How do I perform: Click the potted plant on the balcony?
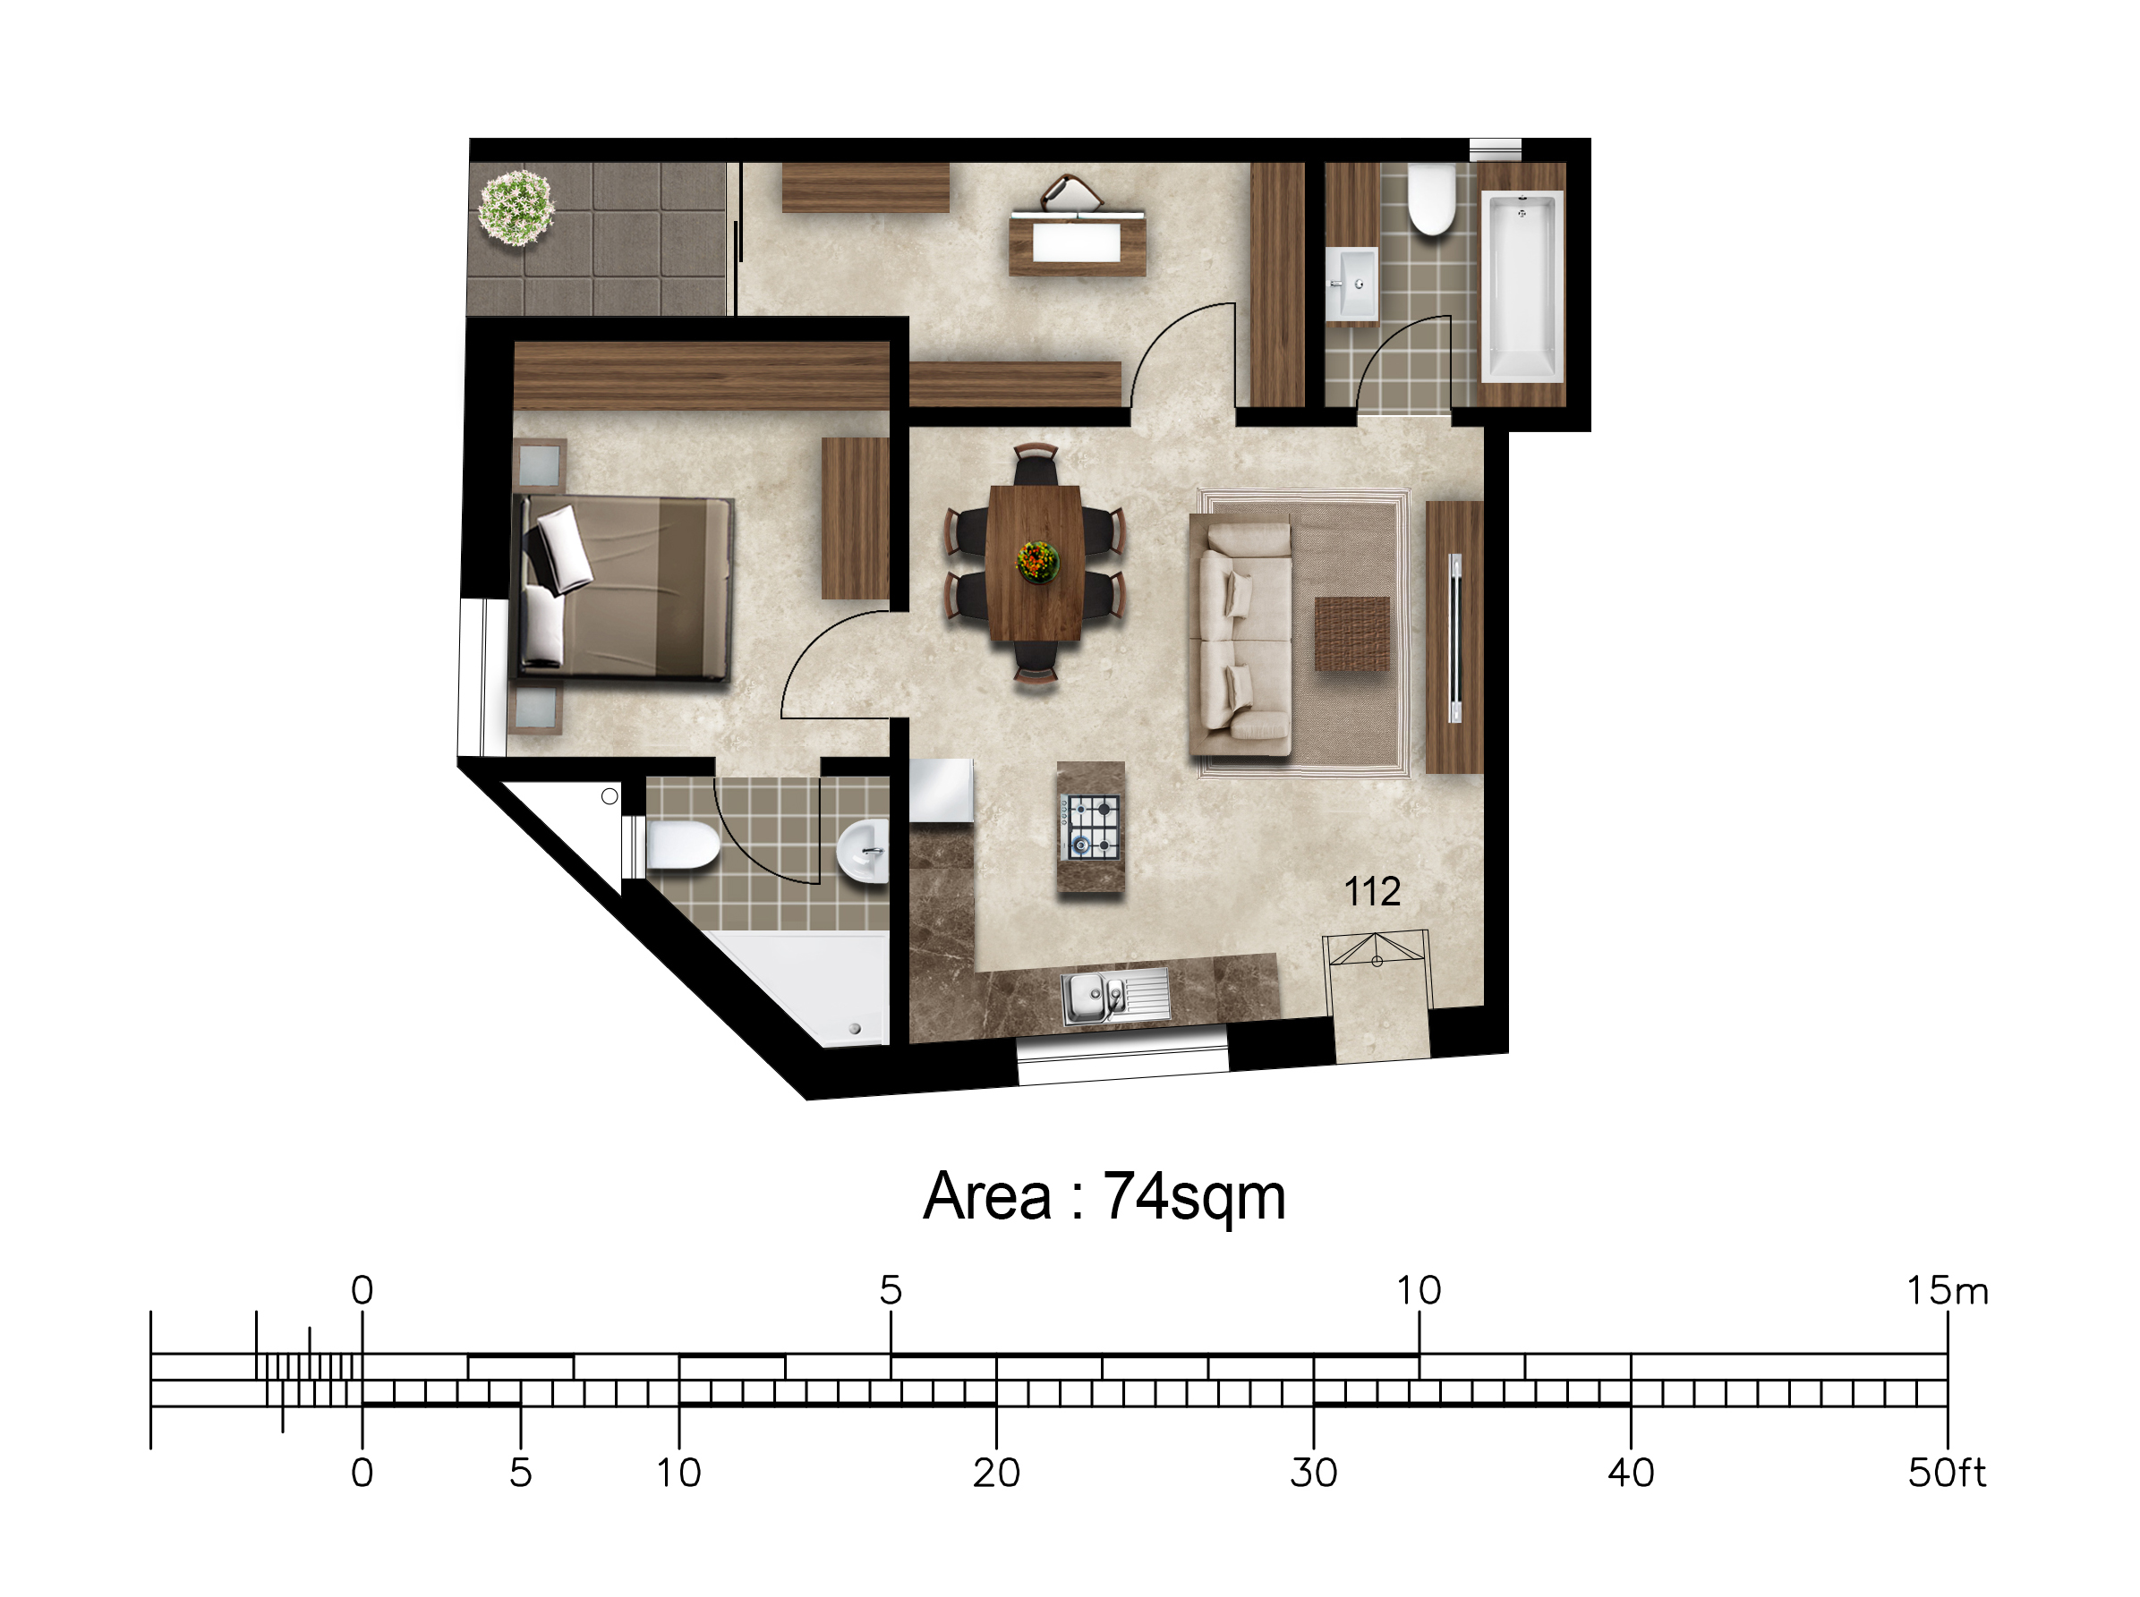pyautogui.click(x=516, y=207)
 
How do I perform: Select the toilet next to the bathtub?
pyautogui.click(x=1431, y=200)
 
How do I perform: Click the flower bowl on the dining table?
pyautogui.click(x=1037, y=561)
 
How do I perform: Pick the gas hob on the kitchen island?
pyautogui.click(x=1091, y=827)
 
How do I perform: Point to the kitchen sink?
pyautogui.click(x=1116, y=996)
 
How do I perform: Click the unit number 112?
pyautogui.click(x=1372, y=891)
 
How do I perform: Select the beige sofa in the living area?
pyautogui.click(x=1241, y=638)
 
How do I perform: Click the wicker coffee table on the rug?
pyautogui.click(x=1351, y=633)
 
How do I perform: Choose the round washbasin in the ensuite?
pyautogui.click(x=862, y=851)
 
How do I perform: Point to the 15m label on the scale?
pyautogui.click(x=1947, y=1290)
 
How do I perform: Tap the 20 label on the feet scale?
pyautogui.click(x=996, y=1474)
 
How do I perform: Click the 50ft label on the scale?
pyautogui.click(x=1947, y=1474)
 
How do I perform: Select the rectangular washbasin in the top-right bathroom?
pyautogui.click(x=1351, y=284)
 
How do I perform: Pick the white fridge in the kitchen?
pyautogui.click(x=941, y=790)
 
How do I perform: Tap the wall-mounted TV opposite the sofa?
pyautogui.click(x=1454, y=637)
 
